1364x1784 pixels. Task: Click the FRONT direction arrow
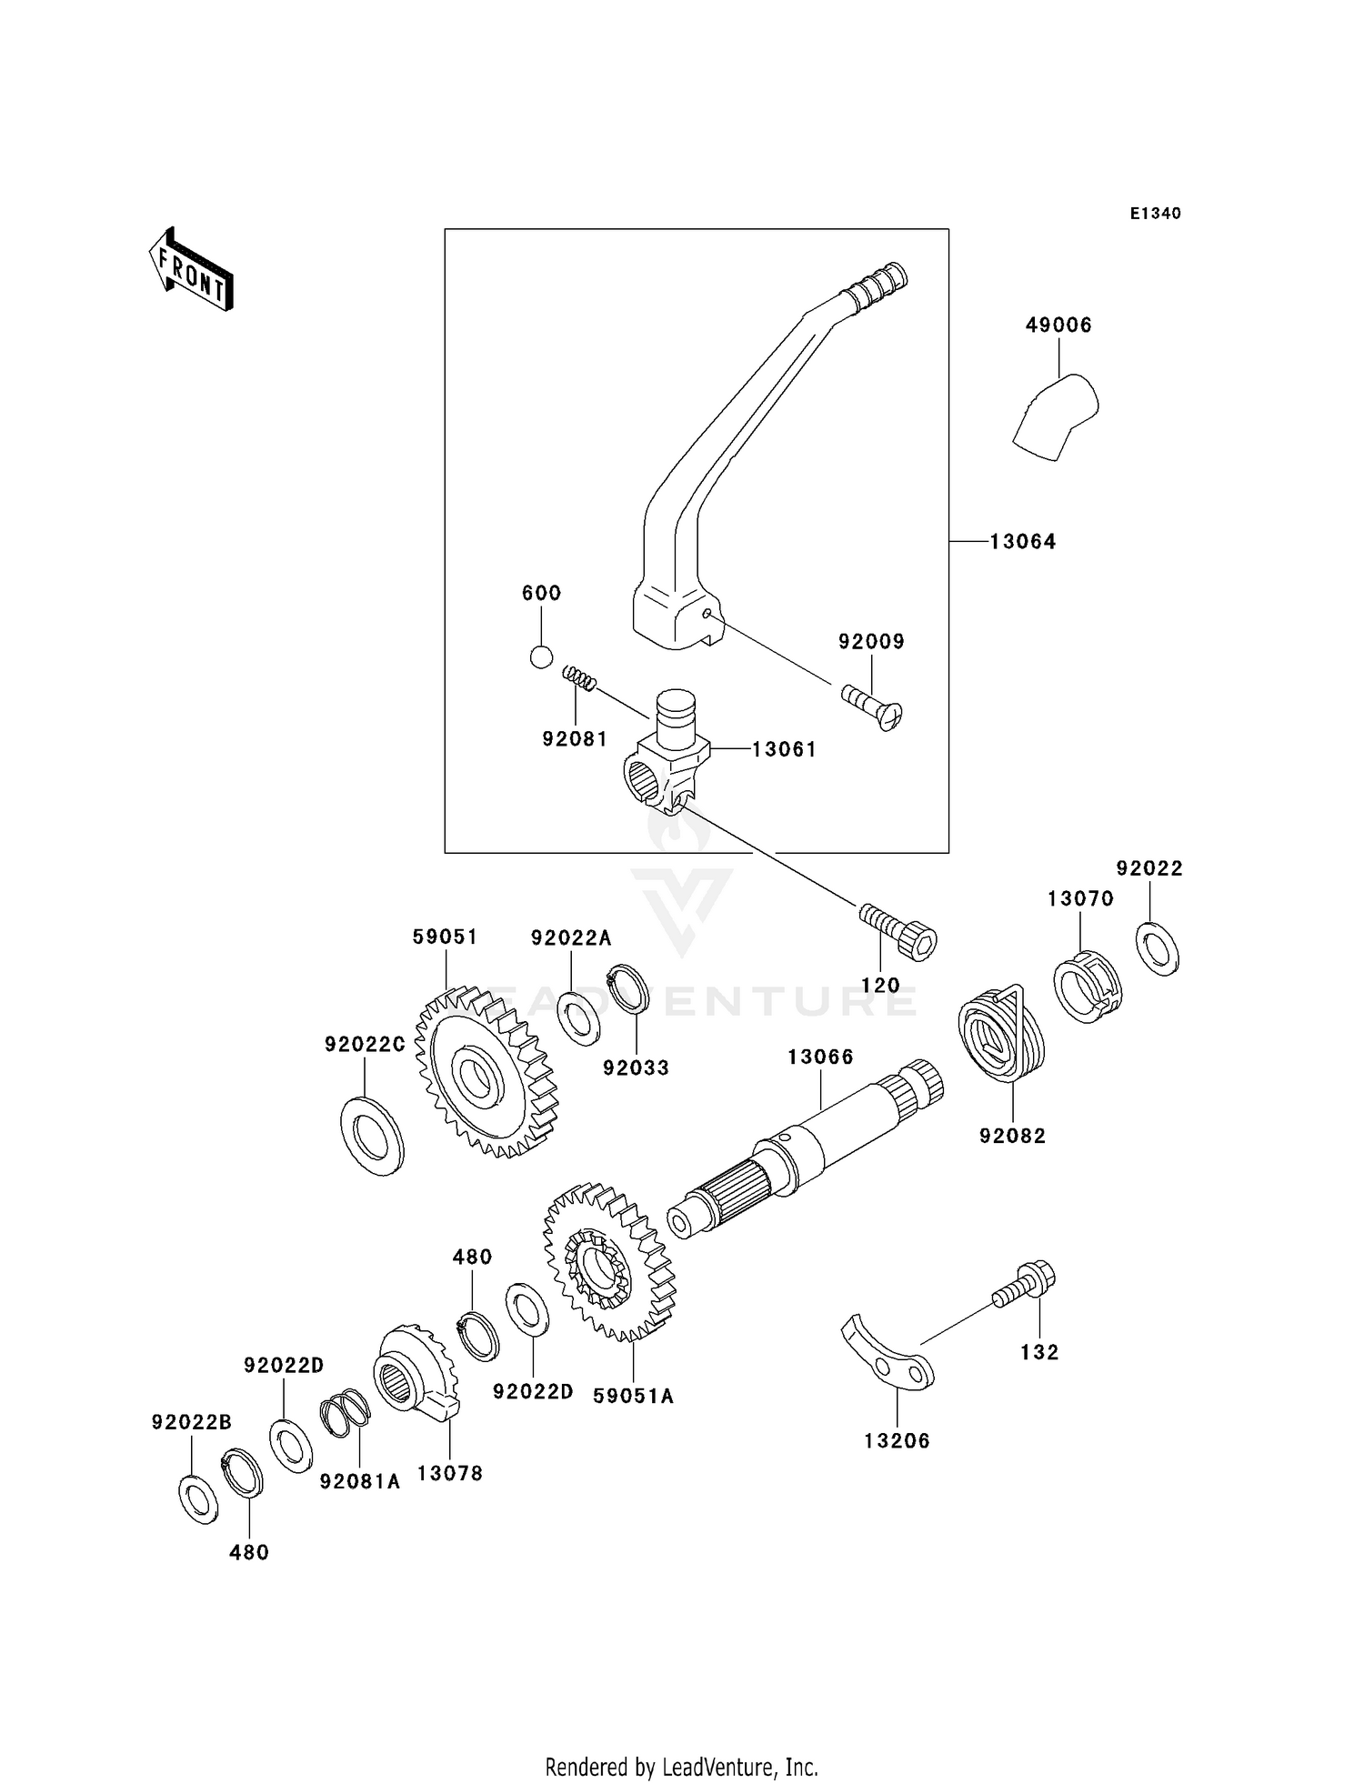point(192,270)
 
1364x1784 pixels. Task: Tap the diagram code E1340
point(1155,214)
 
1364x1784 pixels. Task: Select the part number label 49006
point(1058,325)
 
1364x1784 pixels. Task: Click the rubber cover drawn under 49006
point(1056,417)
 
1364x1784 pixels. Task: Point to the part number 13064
point(1023,542)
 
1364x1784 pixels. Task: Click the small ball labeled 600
point(541,656)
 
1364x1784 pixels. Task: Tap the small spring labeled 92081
point(579,678)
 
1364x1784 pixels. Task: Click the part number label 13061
point(784,749)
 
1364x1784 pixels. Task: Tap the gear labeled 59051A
point(607,1263)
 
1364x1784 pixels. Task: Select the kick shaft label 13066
point(820,1057)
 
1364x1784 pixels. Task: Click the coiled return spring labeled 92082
point(1001,1037)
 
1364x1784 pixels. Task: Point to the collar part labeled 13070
point(1087,987)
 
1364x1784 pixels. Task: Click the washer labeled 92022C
point(372,1136)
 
